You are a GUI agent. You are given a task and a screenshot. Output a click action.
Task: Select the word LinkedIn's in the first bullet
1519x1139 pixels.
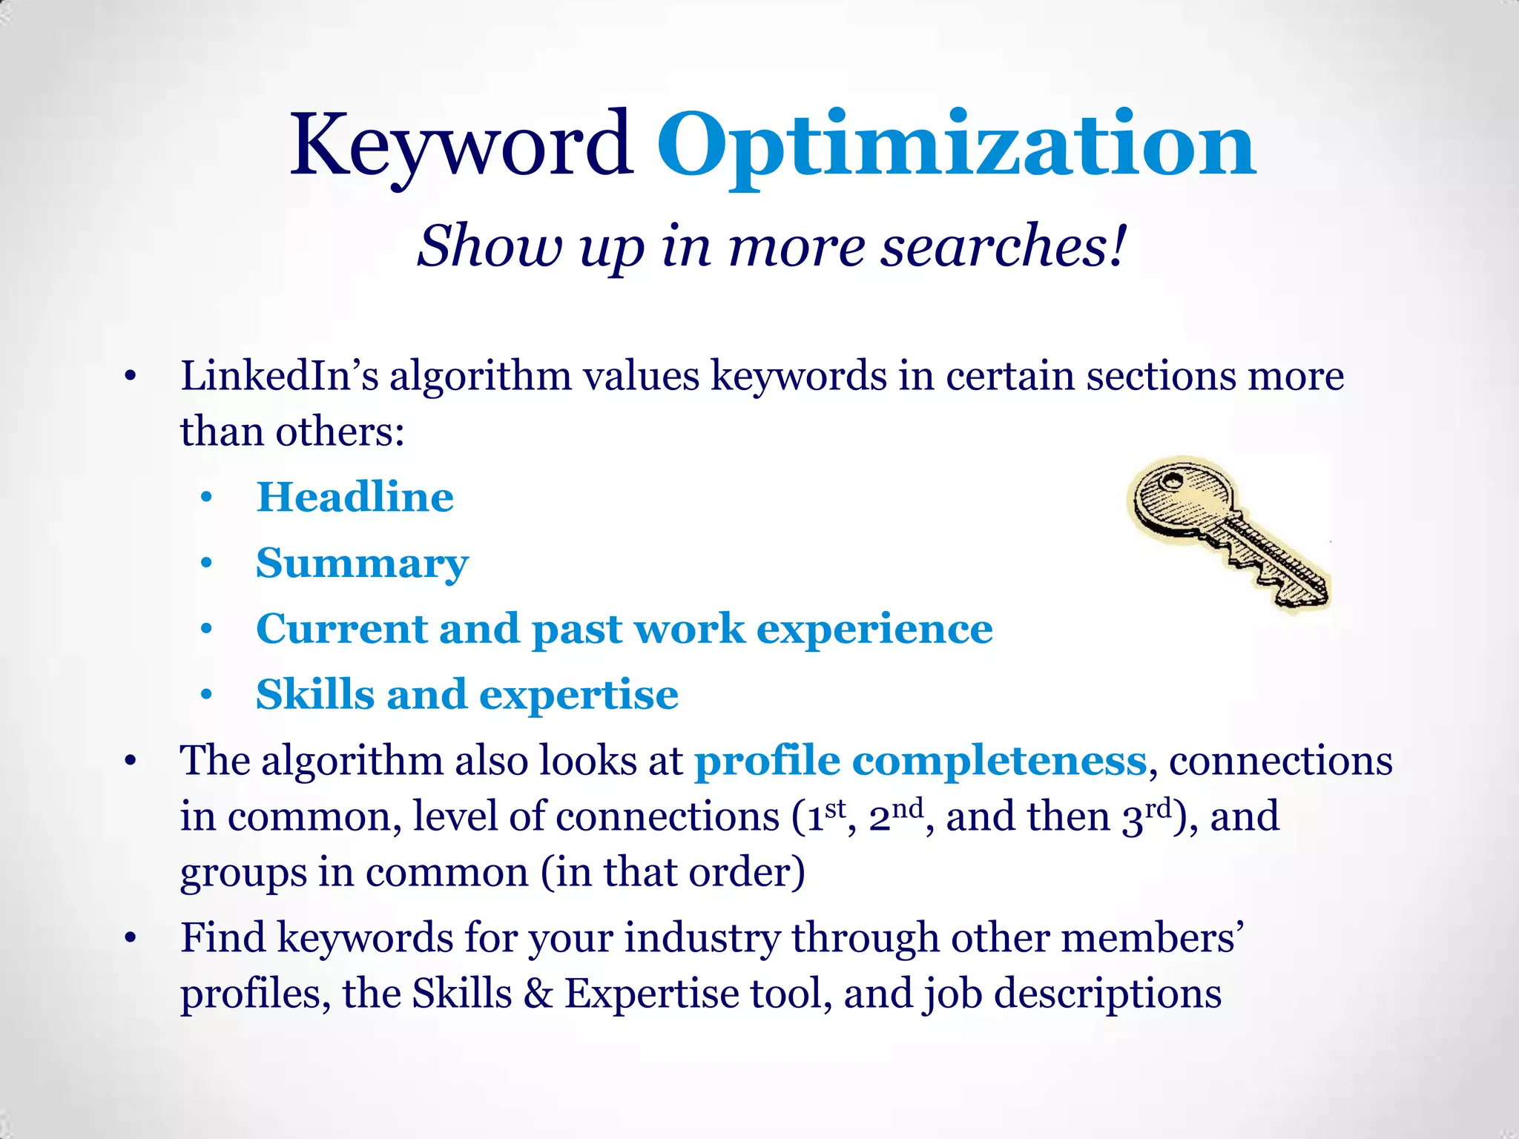(279, 375)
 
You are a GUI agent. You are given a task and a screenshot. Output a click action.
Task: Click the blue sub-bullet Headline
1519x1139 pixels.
(355, 497)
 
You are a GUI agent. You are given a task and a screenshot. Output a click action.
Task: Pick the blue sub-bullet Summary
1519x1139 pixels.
(362, 564)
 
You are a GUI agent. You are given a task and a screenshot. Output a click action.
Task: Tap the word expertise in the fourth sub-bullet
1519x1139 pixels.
(579, 695)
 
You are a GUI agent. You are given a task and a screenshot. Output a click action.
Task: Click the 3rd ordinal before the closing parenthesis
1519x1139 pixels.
(1147, 816)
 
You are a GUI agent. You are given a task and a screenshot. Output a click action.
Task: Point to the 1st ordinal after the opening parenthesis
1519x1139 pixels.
(825, 816)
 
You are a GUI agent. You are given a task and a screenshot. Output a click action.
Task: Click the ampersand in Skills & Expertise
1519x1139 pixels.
(538, 994)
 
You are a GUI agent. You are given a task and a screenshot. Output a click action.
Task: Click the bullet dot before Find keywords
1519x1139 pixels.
(131, 939)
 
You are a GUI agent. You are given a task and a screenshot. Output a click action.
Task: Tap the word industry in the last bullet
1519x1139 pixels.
(702, 938)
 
